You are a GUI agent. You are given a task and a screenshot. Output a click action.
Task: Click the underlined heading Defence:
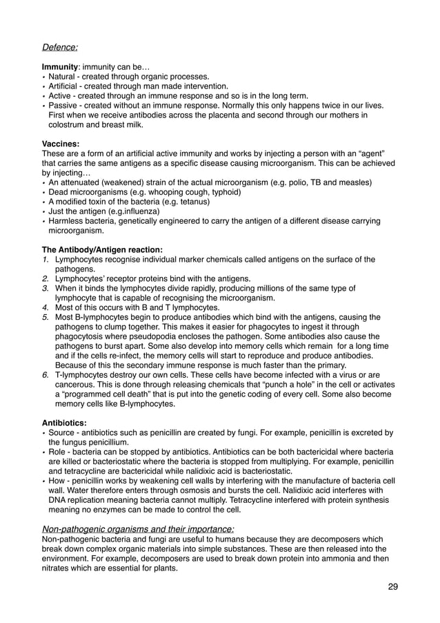(60, 48)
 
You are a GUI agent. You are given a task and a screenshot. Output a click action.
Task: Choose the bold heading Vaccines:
(61, 144)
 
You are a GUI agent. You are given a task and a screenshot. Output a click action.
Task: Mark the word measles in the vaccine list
(357, 182)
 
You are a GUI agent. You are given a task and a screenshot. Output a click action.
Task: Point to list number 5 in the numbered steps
(46, 317)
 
